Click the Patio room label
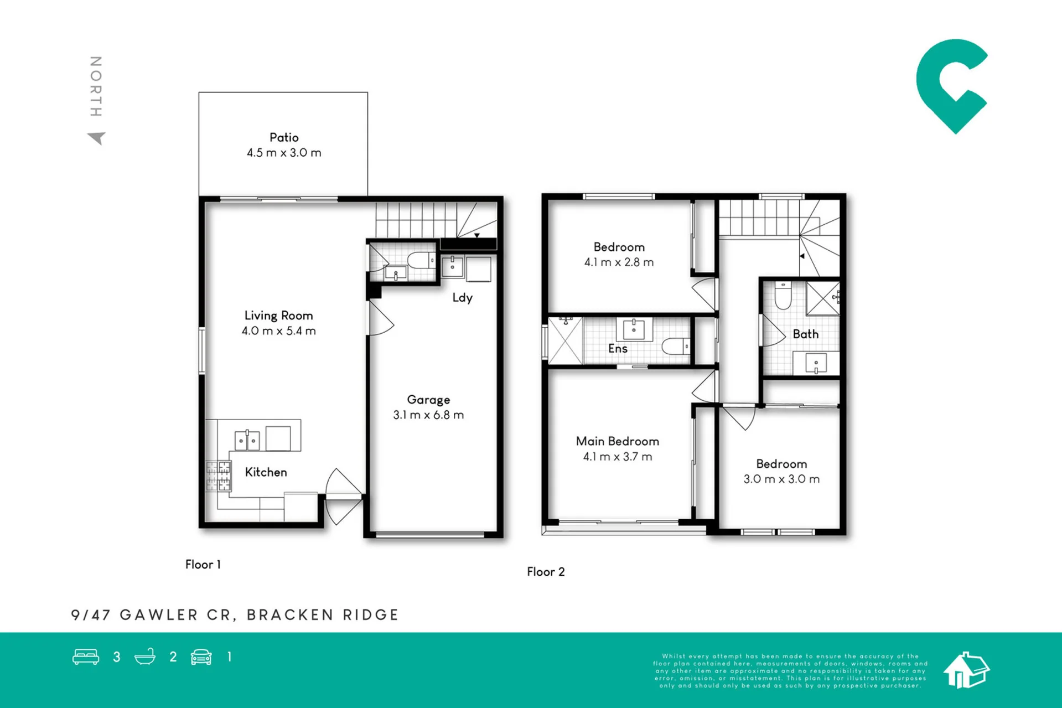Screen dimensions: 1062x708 point(284,137)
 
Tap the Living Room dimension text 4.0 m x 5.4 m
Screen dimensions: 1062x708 point(278,331)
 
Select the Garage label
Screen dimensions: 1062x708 point(428,400)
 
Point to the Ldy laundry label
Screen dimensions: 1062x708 point(462,298)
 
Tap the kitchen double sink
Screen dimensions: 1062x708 point(247,440)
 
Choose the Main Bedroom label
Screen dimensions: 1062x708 point(617,441)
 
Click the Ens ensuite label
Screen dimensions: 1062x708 point(618,349)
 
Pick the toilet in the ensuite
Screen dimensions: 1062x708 point(676,347)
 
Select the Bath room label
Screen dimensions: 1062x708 point(805,334)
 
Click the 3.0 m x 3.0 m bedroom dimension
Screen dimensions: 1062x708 point(781,479)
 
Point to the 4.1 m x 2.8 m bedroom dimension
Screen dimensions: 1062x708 point(619,262)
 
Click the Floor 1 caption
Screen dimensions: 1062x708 point(203,565)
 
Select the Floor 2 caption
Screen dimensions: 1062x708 point(546,572)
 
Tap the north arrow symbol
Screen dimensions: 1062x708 point(97,138)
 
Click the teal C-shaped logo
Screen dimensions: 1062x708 point(951,86)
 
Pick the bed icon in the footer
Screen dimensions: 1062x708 point(86,657)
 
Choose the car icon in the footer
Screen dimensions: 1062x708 point(201,657)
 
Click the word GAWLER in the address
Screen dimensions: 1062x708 point(159,615)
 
